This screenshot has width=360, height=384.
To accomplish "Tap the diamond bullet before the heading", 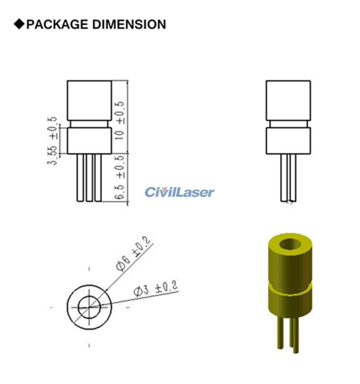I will pyautogui.click(x=19, y=24).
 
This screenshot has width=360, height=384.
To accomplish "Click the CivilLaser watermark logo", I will pyautogui.click(x=180, y=192).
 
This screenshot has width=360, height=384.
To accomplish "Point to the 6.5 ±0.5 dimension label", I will pyautogui.click(x=120, y=178).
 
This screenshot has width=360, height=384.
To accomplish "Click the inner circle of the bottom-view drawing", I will pyautogui.click(x=89, y=305).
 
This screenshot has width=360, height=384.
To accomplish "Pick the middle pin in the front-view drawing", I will pyautogui.click(x=89, y=178).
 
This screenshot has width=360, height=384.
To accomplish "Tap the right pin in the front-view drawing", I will pyautogui.click(x=98, y=178).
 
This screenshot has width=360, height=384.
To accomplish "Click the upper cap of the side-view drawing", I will pyautogui.click(x=288, y=100).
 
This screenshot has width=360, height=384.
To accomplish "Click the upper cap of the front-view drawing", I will pyautogui.click(x=89, y=100).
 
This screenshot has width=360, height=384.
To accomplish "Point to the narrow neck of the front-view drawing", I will pyautogui.click(x=89, y=124).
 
